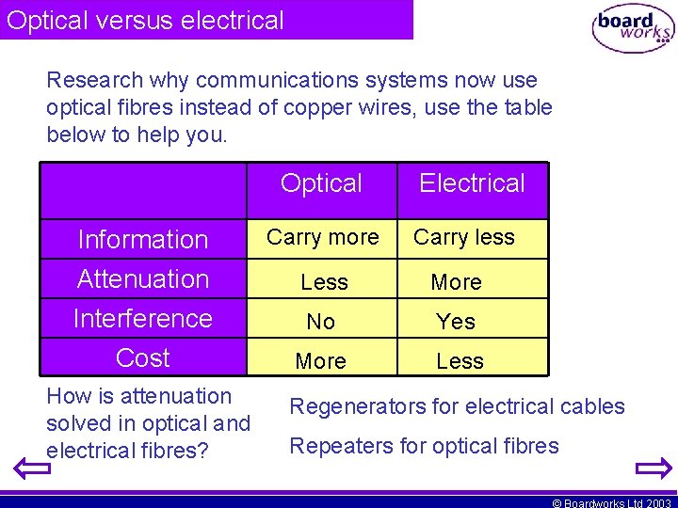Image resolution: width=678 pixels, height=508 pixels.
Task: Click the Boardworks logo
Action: tap(632, 29)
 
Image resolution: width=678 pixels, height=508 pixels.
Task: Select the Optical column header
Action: tap(321, 183)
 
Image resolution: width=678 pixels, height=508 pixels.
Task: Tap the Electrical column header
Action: tap(472, 183)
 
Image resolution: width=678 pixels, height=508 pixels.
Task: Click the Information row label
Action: tap(143, 240)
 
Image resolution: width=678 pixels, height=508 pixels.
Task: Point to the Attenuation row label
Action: tap(143, 279)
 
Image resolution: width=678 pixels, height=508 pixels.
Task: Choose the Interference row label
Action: tap(143, 319)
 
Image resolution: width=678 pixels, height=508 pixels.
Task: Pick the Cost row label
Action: tap(143, 358)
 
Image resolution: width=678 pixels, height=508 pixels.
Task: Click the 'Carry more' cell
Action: tap(323, 237)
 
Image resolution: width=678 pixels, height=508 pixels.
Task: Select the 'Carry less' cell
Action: tap(464, 237)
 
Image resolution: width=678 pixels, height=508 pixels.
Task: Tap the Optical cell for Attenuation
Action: tap(324, 282)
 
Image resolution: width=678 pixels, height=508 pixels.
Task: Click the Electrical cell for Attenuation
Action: tap(457, 282)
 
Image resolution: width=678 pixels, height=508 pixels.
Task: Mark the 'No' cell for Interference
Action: tap(321, 322)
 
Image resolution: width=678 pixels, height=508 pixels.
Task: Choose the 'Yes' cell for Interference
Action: tap(457, 322)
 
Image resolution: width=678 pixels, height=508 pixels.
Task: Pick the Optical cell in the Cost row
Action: tap(321, 361)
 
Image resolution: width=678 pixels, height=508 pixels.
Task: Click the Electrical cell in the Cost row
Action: tap(460, 361)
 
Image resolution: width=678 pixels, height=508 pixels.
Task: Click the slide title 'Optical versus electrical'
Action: tap(145, 21)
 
